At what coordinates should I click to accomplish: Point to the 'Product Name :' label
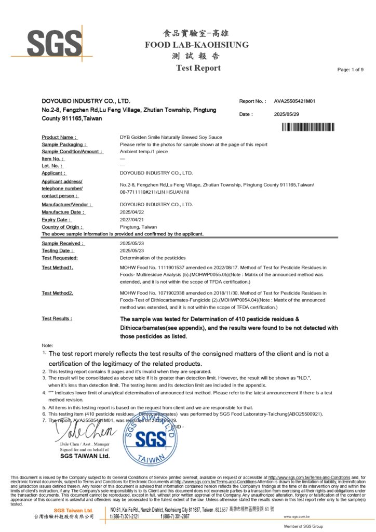coord(59,137)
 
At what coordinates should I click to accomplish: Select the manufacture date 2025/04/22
coord(131,212)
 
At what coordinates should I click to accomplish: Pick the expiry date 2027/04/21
coord(131,220)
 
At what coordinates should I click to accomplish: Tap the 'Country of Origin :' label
coord(63,227)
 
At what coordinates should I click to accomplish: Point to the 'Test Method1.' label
coord(58,267)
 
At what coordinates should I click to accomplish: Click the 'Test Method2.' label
coord(58,293)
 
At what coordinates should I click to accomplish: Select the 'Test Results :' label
coord(57,318)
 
